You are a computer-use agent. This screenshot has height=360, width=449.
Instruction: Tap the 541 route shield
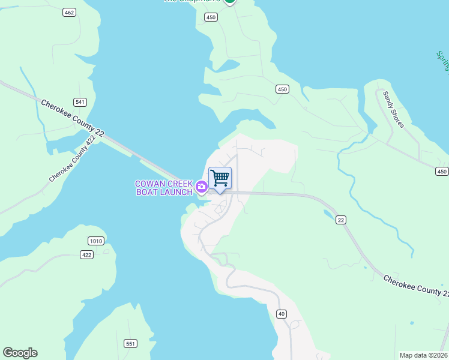[80, 102]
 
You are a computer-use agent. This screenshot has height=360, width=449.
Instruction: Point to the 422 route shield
[87, 255]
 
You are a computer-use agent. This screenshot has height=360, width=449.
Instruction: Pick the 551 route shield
[130, 343]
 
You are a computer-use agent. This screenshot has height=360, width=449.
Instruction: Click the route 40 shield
[282, 314]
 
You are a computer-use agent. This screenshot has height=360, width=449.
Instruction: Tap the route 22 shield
[341, 220]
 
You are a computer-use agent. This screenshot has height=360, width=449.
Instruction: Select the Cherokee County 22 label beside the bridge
[73, 118]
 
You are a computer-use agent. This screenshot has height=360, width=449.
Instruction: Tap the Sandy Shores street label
[394, 109]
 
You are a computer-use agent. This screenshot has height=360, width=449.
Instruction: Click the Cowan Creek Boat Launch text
[163, 188]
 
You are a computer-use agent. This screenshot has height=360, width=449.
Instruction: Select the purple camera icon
[202, 188]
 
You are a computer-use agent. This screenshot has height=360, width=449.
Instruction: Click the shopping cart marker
[220, 178]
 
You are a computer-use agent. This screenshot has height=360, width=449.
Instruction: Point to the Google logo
[20, 353]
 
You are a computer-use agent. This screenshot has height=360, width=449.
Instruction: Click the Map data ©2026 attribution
[423, 355]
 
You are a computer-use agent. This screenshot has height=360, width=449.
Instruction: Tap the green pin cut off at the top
[229, 2]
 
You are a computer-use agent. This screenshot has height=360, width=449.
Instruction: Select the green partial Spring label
[442, 61]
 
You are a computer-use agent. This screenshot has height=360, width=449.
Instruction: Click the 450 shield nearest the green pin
[210, 17]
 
